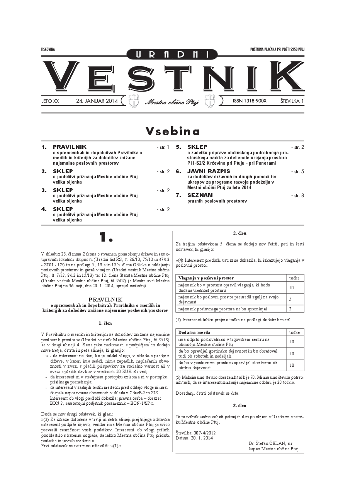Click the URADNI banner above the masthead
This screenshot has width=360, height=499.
[172, 55]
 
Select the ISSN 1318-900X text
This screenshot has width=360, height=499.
[250, 101]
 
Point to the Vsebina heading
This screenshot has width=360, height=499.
[173, 131]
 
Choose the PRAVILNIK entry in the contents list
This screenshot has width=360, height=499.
[70, 147]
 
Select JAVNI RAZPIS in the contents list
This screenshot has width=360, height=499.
[209, 171]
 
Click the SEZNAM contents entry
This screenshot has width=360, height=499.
[200, 195]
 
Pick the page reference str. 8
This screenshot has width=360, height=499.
[298, 196]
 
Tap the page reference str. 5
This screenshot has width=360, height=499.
[298, 171]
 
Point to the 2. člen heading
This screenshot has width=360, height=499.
[239, 233]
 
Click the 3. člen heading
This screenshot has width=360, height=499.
[239, 405]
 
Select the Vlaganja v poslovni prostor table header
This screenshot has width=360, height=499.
[206, 278]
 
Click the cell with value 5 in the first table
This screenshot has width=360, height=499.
[290, 299]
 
